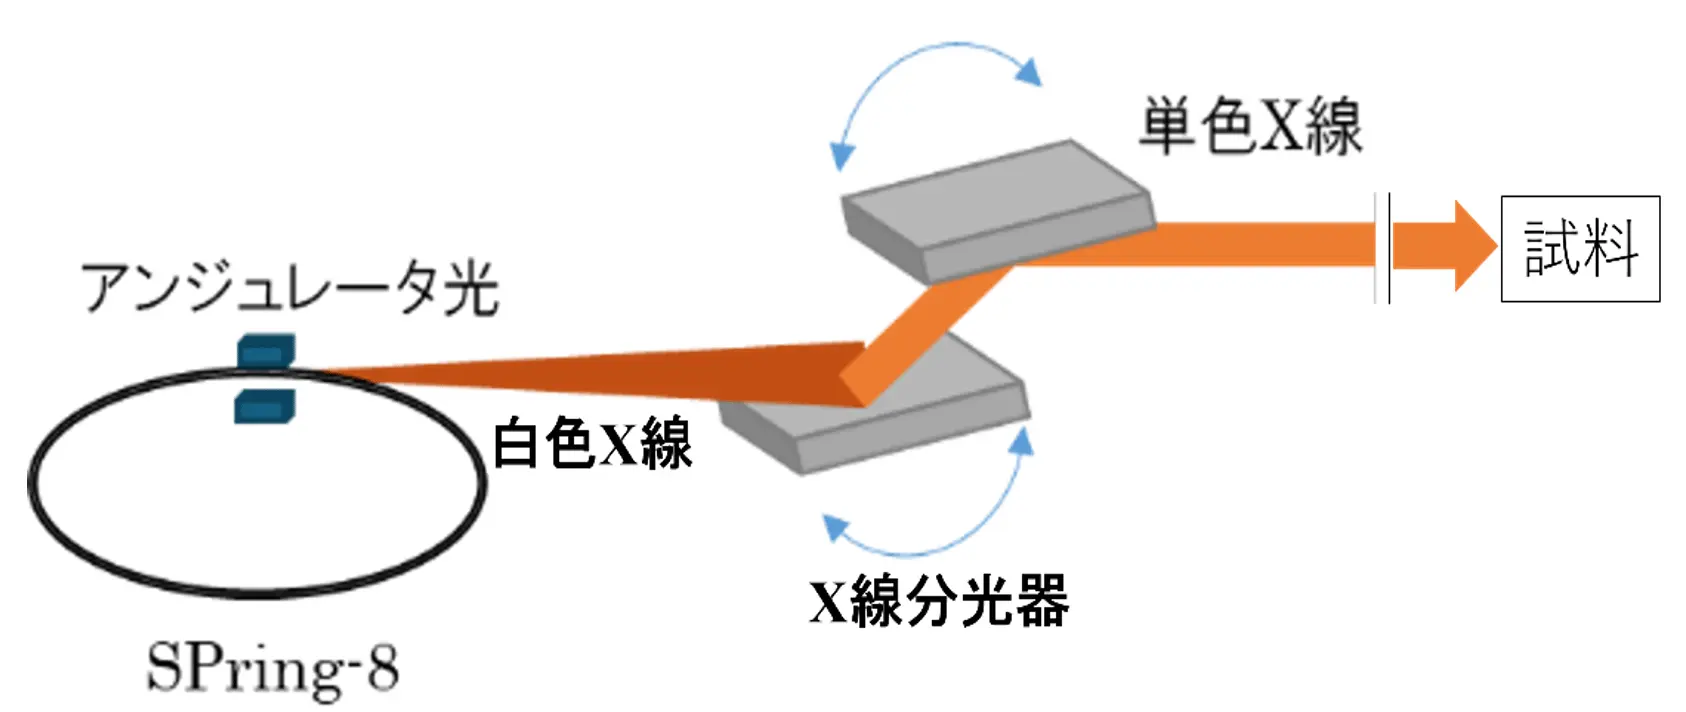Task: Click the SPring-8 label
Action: pos(272,668)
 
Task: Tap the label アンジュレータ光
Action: pos(289,287)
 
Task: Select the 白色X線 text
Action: pos(592,443)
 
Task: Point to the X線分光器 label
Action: pos(938,601)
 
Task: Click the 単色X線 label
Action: pos(1250,127)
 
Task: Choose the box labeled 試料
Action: pos(1580,249)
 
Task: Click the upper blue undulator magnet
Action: pos(265,351)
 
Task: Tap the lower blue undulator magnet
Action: pos(265,406)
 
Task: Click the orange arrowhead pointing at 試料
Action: pos(1470,246)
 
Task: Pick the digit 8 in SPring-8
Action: pos(382,668)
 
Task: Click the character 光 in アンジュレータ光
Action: pos(470,287)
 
